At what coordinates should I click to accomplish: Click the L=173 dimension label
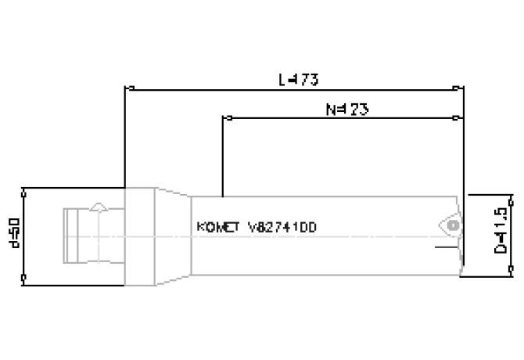(x=298, y=79)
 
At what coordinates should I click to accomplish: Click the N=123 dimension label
(x=346, y=110)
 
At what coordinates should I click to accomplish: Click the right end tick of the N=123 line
(x=457, y=118)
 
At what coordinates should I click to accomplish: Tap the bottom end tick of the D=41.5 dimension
(x=511, y=275)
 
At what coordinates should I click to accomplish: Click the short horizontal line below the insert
(x=447, y=248)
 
